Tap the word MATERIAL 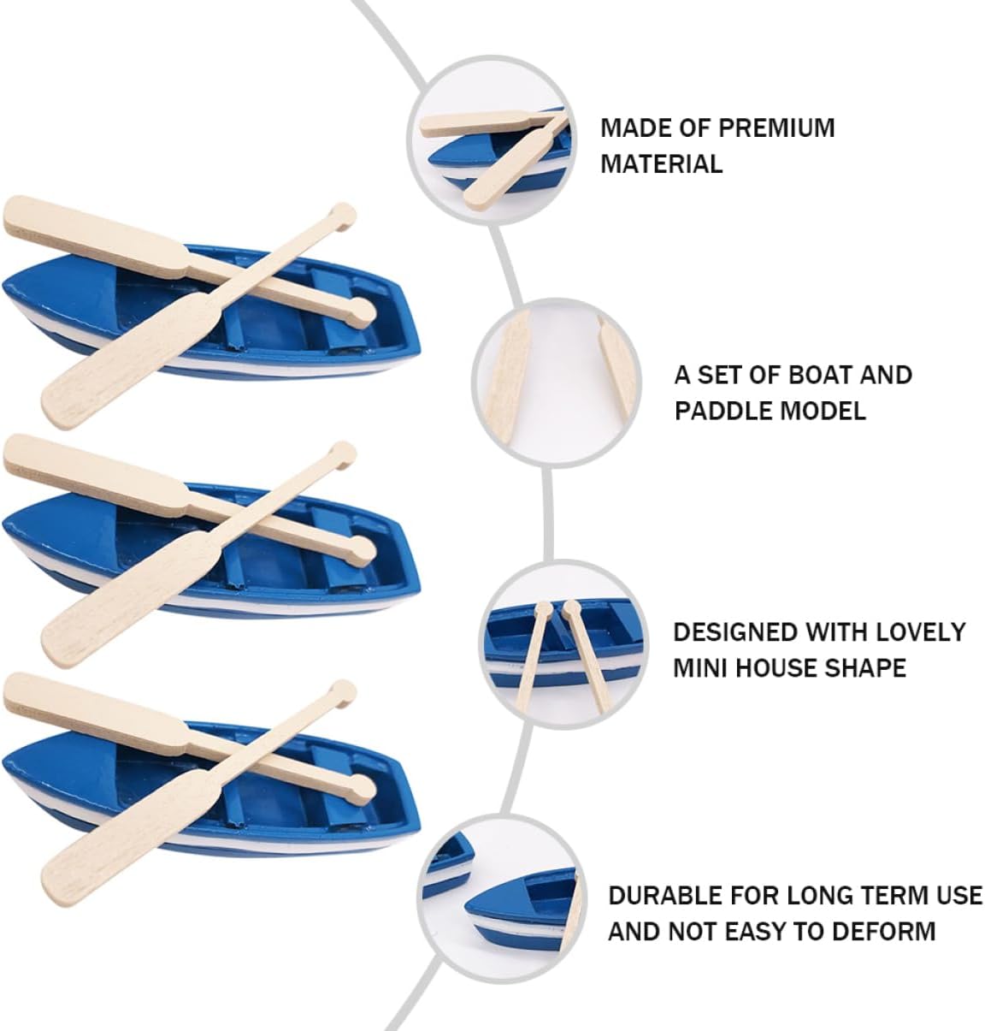[662, 163]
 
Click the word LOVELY [920, 631]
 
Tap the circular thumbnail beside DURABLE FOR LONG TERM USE [500, 898]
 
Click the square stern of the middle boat [408, 551]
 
